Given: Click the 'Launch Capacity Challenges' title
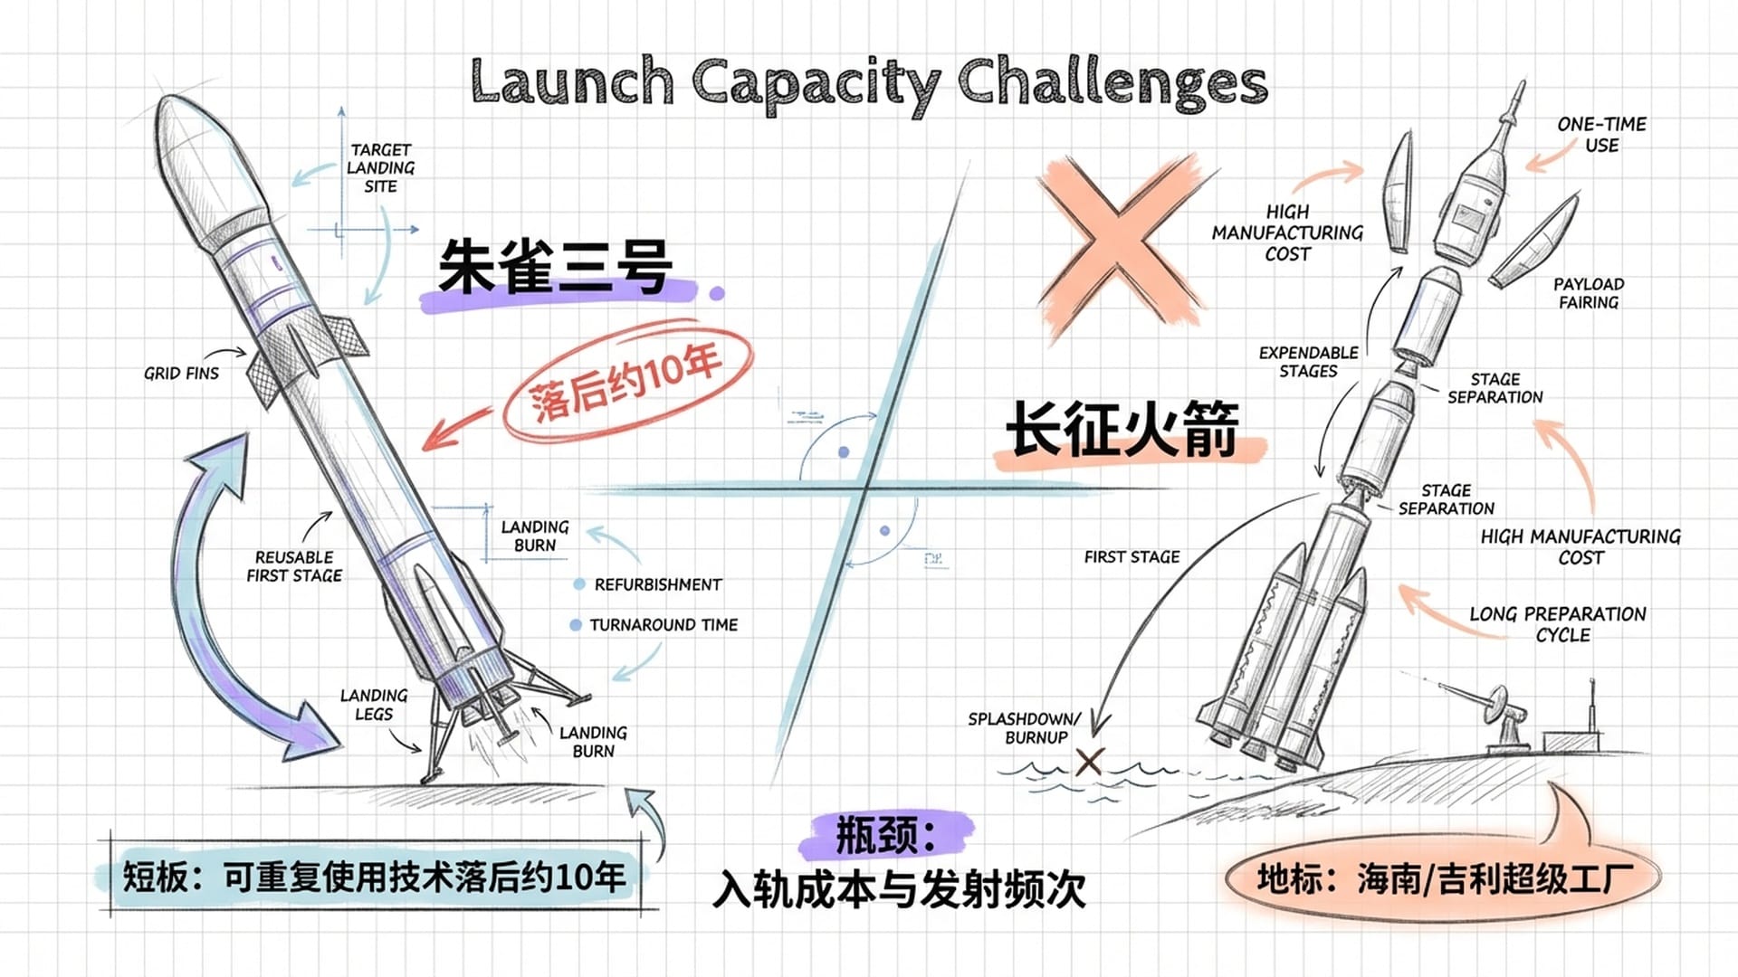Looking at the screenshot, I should [869, 83].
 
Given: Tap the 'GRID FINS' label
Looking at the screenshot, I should [181, 373].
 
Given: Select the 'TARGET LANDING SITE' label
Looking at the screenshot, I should [381, 168].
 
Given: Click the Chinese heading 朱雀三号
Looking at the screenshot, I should [554, 268].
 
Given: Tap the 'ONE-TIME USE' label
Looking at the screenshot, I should [1601, 135].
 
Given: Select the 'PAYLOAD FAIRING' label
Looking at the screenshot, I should [1589, 293].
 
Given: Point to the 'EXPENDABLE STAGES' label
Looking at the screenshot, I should [1308, 362].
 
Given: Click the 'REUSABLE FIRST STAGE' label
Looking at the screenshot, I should [294, 566].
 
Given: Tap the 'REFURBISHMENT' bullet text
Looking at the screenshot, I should [658, 585].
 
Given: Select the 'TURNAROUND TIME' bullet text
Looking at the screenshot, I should [664, 625].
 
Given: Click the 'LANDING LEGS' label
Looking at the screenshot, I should [374, 705].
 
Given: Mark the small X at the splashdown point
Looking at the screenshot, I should [1089, 762].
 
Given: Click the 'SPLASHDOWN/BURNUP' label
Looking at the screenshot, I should [1025, 728].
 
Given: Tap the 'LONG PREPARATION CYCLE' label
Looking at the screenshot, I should [1558, 624].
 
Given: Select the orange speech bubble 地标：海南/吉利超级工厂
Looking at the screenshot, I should [1444, 878].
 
